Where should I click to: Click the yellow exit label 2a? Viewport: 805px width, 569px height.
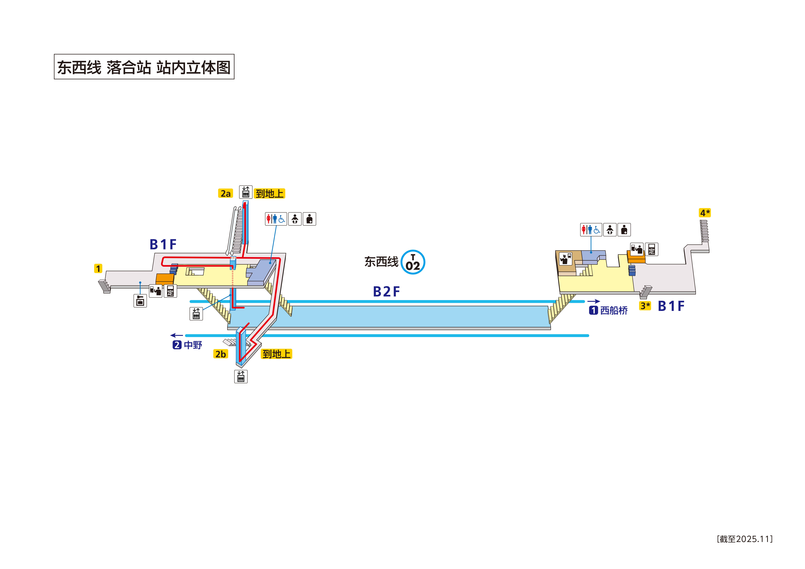point(225,194)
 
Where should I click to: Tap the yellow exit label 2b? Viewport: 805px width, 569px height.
point(220,354)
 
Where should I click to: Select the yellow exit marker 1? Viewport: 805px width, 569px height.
point(98,269)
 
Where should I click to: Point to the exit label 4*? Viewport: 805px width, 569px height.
point(705,213)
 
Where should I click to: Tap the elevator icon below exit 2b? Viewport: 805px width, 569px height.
point(241,376)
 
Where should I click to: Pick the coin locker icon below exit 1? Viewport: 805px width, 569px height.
point(140,301)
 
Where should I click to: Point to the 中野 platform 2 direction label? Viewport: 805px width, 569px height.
point(188,345)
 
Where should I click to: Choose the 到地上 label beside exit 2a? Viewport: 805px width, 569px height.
point(269,194)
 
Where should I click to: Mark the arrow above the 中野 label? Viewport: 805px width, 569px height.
point(177,336)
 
